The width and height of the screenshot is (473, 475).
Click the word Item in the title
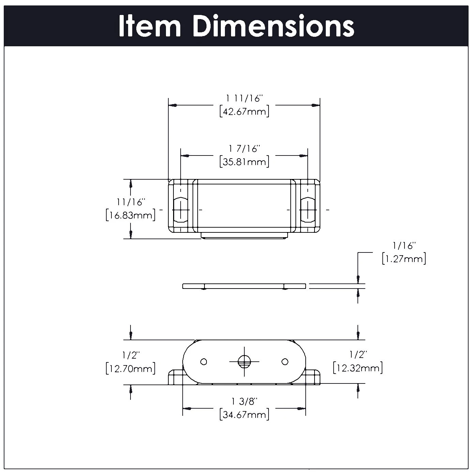pos(150,27)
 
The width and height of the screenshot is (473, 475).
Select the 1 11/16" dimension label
pos(244,98)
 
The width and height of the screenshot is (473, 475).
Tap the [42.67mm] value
pos(244,112)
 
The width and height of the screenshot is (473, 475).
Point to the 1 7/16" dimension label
pos(244,149)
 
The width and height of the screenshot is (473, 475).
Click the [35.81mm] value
pos(244,162)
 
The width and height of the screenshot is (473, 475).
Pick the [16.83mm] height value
pos(131,215)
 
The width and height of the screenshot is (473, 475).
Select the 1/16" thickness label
pos(404,245)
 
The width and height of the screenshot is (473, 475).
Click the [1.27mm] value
pos(404,259)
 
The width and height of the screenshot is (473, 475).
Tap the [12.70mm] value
pos(131,368)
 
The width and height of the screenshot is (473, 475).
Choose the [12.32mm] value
pos(357,368)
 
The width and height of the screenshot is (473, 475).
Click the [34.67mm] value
pos(244,415)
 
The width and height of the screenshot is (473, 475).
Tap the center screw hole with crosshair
pos(244,361)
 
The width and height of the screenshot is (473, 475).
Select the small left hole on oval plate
pos(204,361)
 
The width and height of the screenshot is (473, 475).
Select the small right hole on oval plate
pos(285,361)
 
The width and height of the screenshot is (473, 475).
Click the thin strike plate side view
pos(244,286)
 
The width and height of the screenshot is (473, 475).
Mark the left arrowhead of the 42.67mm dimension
pos(173,105)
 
